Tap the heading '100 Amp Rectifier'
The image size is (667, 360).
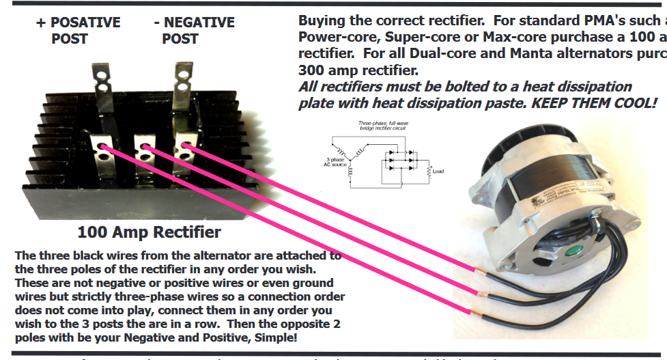click(149, 232)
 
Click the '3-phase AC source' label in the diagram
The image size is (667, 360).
click(335, 161)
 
